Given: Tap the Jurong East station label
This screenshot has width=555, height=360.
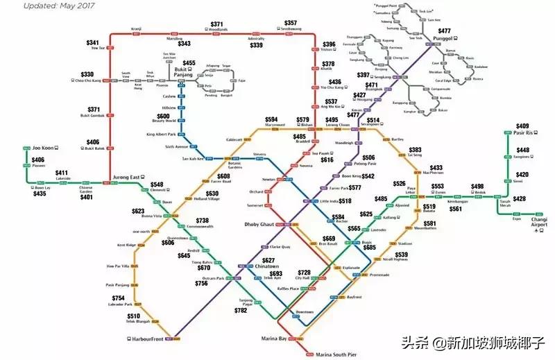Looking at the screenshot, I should tap(126, 178).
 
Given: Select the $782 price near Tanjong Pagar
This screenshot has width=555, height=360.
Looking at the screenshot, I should tap(240, 311).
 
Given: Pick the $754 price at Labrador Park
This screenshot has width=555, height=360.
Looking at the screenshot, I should tap(119, 298).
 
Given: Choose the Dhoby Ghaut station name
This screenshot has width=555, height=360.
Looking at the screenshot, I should tap(260, 225).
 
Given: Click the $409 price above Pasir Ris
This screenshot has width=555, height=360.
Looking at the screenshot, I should tap(522, 126).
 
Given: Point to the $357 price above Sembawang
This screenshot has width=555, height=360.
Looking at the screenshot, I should tap(290, 23).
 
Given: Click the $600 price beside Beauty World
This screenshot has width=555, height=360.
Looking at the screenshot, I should tap(163, 117).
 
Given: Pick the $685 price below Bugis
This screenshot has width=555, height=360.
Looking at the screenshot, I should tap(369, 248).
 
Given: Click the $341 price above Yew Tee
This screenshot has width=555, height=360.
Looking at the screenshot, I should tap(92, 42).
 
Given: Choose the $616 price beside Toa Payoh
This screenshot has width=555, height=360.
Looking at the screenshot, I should tap(327, 160).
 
